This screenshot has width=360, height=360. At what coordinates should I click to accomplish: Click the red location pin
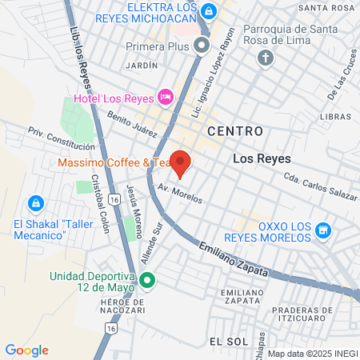181,162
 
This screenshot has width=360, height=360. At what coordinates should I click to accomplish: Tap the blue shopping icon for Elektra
209,10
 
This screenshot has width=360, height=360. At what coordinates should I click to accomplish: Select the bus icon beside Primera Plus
202,46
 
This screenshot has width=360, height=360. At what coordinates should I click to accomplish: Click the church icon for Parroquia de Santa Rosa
266,58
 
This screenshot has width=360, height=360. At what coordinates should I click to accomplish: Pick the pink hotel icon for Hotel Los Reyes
166,97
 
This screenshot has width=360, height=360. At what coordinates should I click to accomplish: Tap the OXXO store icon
323,231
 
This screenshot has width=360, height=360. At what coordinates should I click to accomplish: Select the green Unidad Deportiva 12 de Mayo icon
146,281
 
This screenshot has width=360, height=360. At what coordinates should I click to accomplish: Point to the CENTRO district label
234,130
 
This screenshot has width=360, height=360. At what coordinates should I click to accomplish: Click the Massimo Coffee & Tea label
113,162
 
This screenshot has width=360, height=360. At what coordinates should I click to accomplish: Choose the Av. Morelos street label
180,193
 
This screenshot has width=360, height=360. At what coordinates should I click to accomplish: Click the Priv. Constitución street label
62,139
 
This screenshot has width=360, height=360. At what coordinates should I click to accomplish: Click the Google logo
26,350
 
